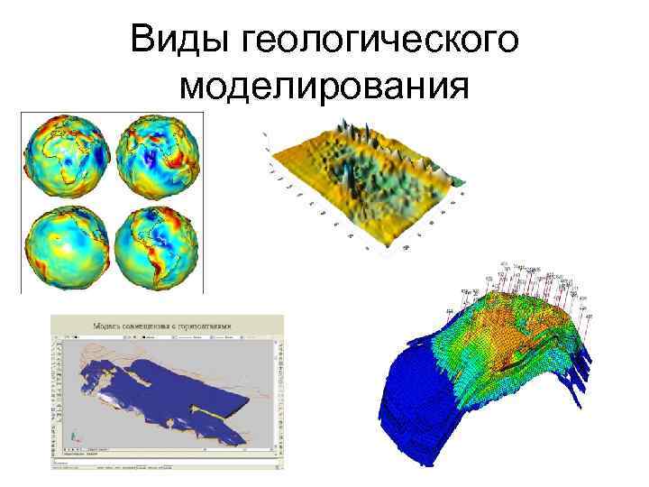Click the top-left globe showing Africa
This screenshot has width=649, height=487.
[66, 157]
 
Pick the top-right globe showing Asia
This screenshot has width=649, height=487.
[160, 157]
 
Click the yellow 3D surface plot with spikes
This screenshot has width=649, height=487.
[370, 180]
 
